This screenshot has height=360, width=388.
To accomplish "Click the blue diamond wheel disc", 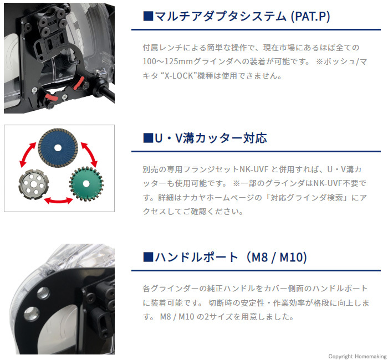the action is pos(58,148).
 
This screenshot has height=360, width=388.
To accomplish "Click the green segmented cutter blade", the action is pos(86,184).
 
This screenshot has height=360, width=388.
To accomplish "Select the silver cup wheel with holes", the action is pos(34,184).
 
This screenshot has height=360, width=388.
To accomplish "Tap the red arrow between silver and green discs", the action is pos(58,200).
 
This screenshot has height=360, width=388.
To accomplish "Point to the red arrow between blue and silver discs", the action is pos(27,155).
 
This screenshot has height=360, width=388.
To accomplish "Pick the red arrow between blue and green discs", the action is pos(90,155).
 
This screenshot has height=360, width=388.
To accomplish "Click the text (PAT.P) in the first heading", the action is pos(310,17).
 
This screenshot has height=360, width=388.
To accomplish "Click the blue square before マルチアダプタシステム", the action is pos(148,16).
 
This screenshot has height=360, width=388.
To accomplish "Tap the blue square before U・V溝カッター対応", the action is pos(148,138).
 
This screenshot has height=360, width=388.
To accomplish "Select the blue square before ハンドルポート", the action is pos(148,257).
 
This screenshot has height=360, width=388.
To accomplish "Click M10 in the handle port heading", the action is pos(291,257).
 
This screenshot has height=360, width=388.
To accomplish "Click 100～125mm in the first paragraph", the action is pos(167,61).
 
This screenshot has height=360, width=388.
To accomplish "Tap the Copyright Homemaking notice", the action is pos(358,356).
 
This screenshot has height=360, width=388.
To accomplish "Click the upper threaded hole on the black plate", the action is pos(43,293).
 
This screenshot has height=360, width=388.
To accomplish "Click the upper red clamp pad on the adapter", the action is pos(79,83).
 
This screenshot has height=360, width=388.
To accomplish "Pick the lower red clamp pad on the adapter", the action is pos(52,97).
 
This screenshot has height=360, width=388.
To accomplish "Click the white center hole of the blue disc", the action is pos(58,148).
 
